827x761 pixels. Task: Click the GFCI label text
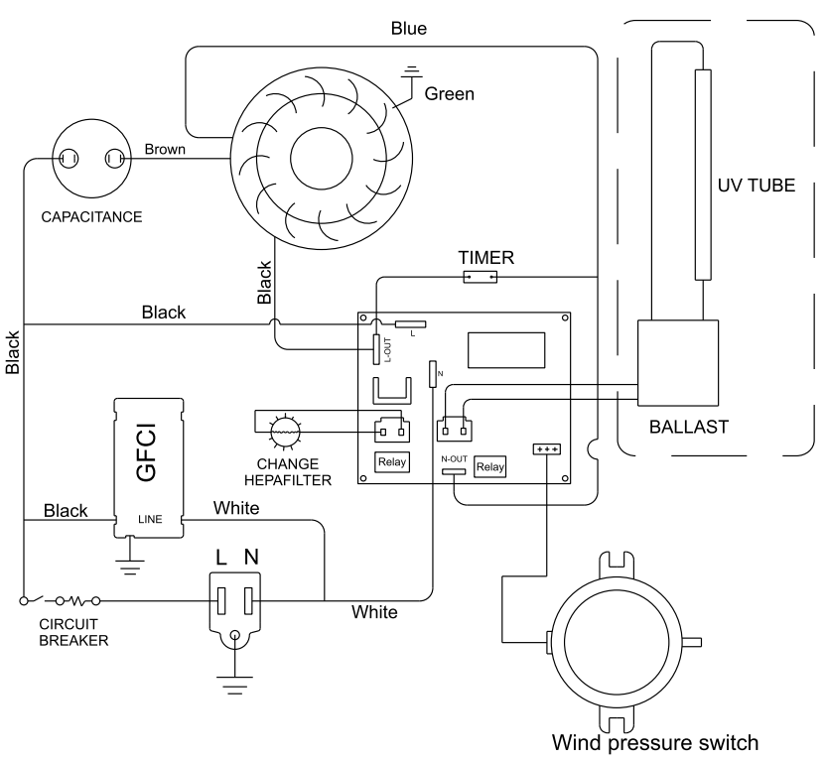(146, 452)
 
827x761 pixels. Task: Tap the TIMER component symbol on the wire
(480, 277)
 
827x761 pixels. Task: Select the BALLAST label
(689, 427)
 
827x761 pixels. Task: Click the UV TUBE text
(757, 185)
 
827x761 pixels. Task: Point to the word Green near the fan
(450, 94)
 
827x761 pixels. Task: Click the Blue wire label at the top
(409, 29)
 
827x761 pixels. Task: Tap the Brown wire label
(165, 149)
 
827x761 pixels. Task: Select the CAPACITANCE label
(91, 217)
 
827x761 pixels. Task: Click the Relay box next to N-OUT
(490, 467)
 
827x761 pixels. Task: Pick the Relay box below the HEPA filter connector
(392, 462)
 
